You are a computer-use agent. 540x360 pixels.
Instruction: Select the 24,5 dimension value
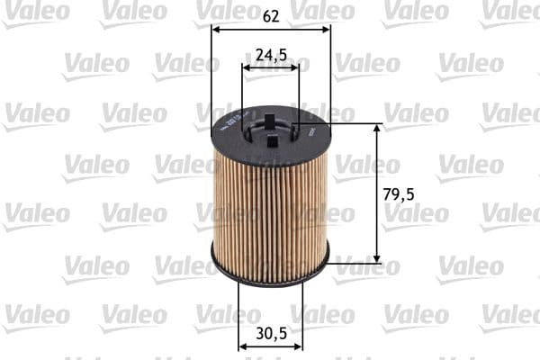(x=271, y=55)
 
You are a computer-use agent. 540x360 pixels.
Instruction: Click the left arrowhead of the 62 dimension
(x=216, y=28)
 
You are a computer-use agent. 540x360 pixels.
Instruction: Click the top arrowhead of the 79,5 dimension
(x=377, y=129)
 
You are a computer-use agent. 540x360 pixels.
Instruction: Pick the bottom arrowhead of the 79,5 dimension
(x=377, y=258)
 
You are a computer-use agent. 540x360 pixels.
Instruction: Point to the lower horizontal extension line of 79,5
(x=355, y=264)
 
